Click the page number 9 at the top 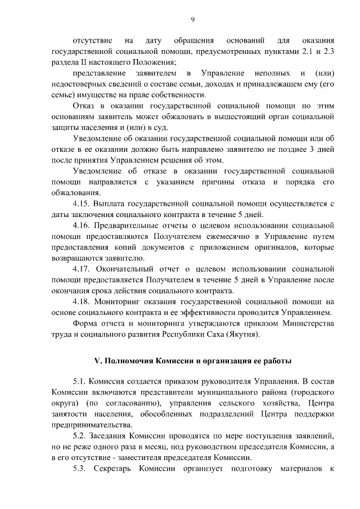[x=192, y=20]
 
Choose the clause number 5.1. [x=82, y=382]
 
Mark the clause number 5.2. [x=82, y=436]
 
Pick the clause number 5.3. [x=82, y=469]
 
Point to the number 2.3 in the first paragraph [x=330, y=52]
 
